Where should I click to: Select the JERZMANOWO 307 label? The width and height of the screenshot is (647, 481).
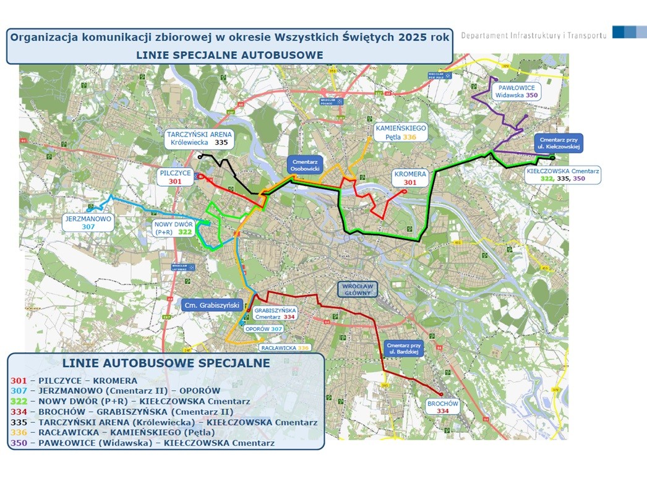(x=87, y=223)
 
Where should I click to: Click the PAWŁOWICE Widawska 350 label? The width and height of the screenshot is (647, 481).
(x=516, y=92)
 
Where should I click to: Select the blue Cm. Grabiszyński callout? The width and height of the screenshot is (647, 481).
(x=212, y=305)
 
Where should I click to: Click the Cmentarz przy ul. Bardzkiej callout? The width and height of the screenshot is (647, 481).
(x=403, y=348)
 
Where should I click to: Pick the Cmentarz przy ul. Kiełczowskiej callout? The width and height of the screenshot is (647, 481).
(x=559, y=143)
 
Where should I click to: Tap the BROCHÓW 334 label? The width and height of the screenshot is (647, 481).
(x=443, y=406)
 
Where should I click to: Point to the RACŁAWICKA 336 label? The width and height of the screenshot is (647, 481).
(x=285, y=347)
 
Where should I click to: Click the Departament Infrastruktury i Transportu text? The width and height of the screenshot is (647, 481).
(x=533, y=35)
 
